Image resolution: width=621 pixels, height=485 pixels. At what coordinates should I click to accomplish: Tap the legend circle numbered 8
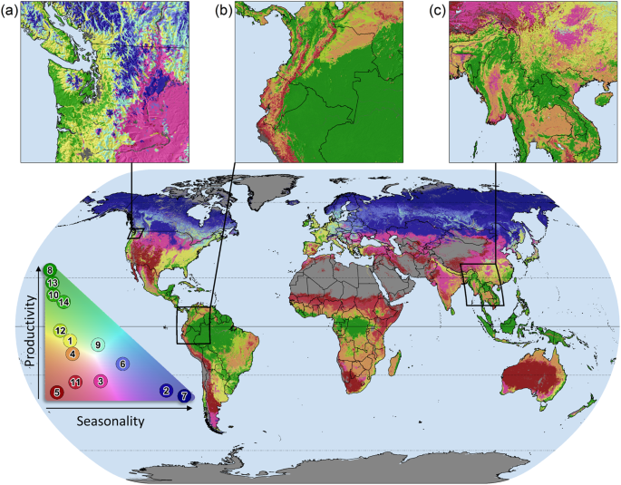(x=50, y=269)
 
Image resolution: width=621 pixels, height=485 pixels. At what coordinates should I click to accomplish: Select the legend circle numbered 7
(x=184, y=396)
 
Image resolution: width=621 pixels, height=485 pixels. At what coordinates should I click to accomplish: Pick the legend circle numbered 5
(x=56, y=393)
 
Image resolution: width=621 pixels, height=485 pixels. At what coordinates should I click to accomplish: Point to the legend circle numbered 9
(x=98, y=344)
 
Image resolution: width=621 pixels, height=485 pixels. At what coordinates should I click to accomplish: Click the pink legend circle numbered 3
(x=100, y=381)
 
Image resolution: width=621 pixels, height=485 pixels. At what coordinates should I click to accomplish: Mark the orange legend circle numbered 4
(x=73, y=353)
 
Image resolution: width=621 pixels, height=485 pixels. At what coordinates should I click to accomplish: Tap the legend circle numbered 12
(x=60, y=330)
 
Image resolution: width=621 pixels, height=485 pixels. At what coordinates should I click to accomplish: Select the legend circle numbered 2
(x=166, y=391)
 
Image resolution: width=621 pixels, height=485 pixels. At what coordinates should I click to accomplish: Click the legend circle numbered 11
(x=76, y=381)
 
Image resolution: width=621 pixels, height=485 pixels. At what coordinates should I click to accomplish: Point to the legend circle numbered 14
(x=63, y=302)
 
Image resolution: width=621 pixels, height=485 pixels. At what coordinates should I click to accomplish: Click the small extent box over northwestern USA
(x=136, y=233)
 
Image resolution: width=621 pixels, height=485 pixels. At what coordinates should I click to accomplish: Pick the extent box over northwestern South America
(x=192, y=325)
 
